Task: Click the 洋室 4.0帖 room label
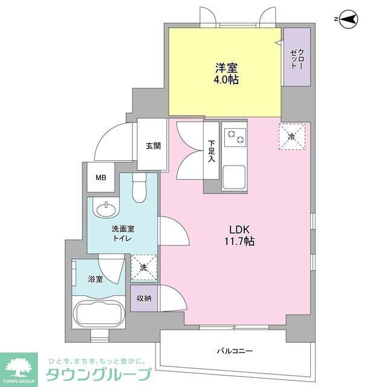coord(225,73)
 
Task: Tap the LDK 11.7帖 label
coord(241,235)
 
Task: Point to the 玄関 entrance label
coord(152,146)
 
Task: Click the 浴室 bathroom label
coord(96,279)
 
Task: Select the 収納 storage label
coord(144,298)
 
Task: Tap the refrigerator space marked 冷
coord(291,137)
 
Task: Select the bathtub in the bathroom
coord(99,315)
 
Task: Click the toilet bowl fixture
coord(138,190)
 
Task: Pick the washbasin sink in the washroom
coord(106,209)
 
